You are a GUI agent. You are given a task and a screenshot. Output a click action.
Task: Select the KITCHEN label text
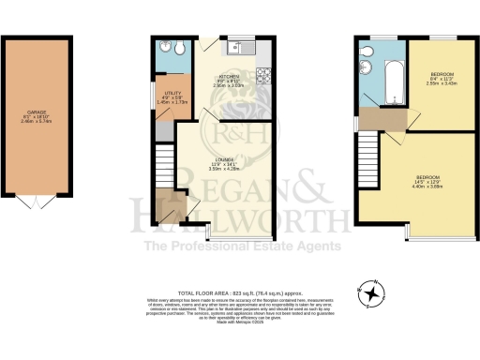pyautogui.click(x=231, y=76)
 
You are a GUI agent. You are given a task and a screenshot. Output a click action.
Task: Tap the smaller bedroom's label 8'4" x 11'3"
pyautogui.click(x=442, y=78)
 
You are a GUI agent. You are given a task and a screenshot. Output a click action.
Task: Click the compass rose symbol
pyautogui.click(x=373, y=292)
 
